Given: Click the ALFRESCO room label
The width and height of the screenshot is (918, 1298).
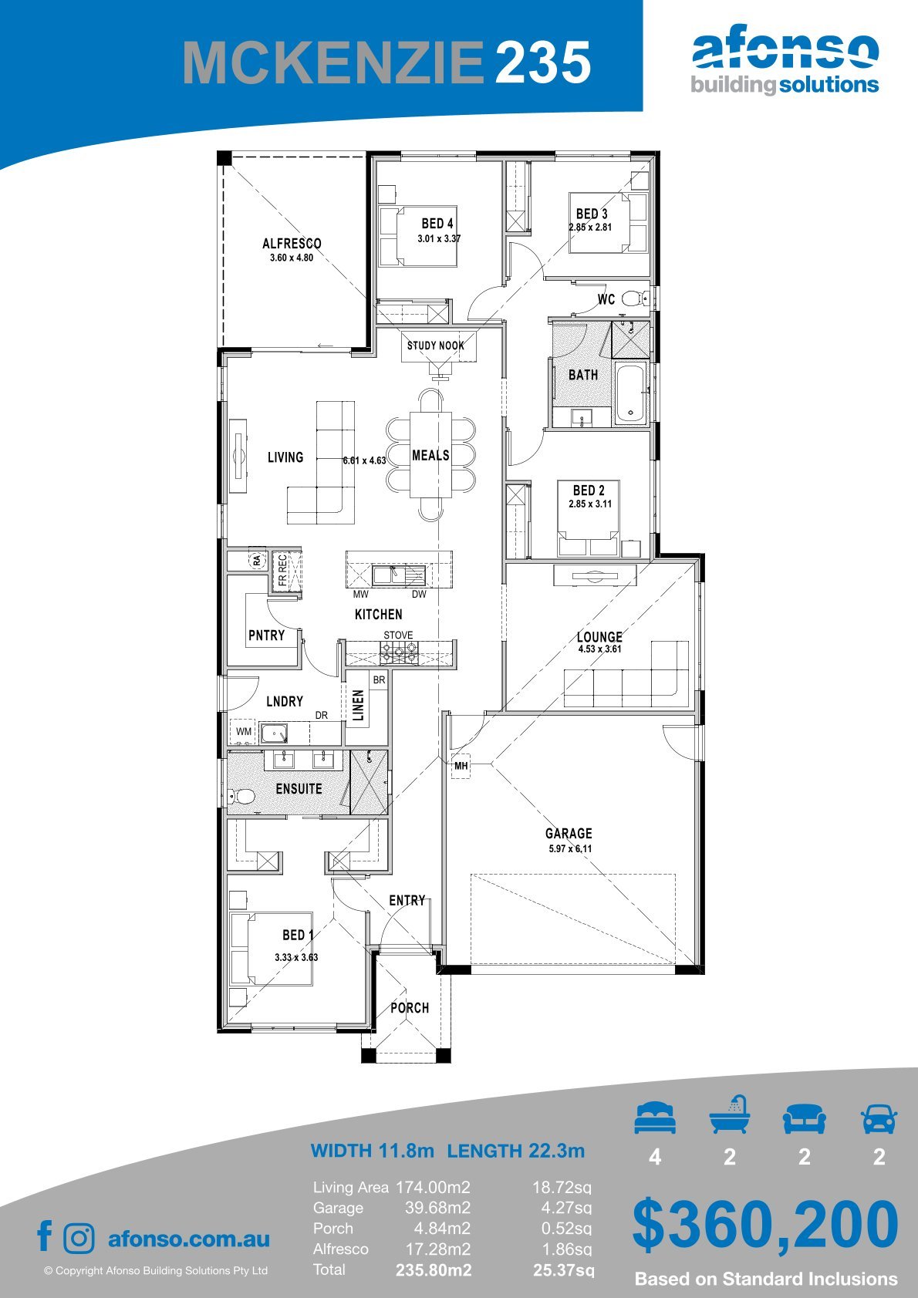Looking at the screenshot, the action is [292, 244].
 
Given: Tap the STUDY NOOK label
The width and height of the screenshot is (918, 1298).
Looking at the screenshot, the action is [435, 346].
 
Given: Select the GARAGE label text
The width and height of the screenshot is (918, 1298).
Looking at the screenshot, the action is [569, 833].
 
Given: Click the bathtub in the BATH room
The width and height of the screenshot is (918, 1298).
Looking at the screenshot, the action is [630, 393].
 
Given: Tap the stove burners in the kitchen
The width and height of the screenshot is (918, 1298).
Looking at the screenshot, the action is [398, 654].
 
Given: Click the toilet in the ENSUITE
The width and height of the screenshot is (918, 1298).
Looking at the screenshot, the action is [241, 796].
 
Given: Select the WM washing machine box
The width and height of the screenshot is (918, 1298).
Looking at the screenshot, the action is [244, 731].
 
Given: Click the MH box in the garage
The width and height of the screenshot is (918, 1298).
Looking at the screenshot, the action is [461, 766].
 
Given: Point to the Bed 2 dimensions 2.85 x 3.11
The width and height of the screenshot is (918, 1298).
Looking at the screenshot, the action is [590, 504].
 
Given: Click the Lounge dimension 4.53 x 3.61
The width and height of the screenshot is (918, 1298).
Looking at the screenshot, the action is [599, 649].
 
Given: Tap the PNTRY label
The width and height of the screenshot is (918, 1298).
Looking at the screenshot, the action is [267, 635].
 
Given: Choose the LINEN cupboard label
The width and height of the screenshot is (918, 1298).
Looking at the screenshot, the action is [359, 705].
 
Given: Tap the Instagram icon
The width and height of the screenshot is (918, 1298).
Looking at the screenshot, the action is [79, 1239].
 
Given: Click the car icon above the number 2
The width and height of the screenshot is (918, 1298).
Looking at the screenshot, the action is [879, 1118].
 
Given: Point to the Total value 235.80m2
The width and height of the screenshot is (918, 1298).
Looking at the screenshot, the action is [434, 1270].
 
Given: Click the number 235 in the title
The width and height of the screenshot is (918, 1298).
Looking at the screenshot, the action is [543, 62].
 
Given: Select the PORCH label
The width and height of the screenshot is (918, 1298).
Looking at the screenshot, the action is [410, 1008].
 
